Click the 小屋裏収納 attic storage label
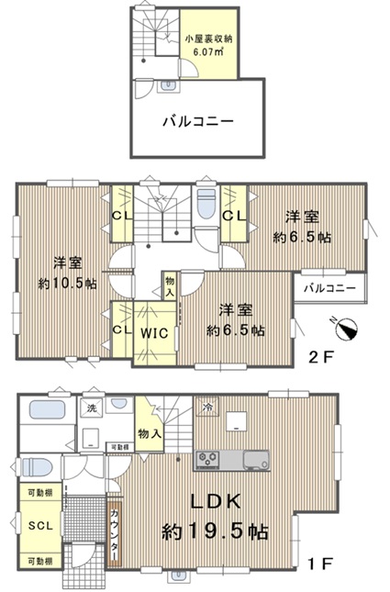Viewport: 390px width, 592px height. (208, 39)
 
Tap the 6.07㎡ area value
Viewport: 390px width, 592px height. (208, 50)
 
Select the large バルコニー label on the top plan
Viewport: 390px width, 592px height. (198, 121)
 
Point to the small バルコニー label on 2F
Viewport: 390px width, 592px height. (330, 288)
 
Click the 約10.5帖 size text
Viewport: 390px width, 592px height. (68, 284)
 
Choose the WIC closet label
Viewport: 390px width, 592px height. (154, 333)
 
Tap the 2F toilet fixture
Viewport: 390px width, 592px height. (206, 203)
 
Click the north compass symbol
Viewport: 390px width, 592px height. (346, 328)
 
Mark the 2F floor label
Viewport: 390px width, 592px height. (322, 357)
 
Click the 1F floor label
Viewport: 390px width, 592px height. (320, 564)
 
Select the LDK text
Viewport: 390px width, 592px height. (216, 501)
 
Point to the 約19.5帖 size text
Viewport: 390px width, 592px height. (216, 531)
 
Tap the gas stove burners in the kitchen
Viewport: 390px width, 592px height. (206, 459)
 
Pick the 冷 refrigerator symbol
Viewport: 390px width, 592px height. (206, 407)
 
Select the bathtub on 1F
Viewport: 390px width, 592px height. (47, 409)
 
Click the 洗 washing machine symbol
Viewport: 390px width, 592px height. (92, 408)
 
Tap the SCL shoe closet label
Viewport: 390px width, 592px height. (40, 526)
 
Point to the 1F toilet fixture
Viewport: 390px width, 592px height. (37, 467)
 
